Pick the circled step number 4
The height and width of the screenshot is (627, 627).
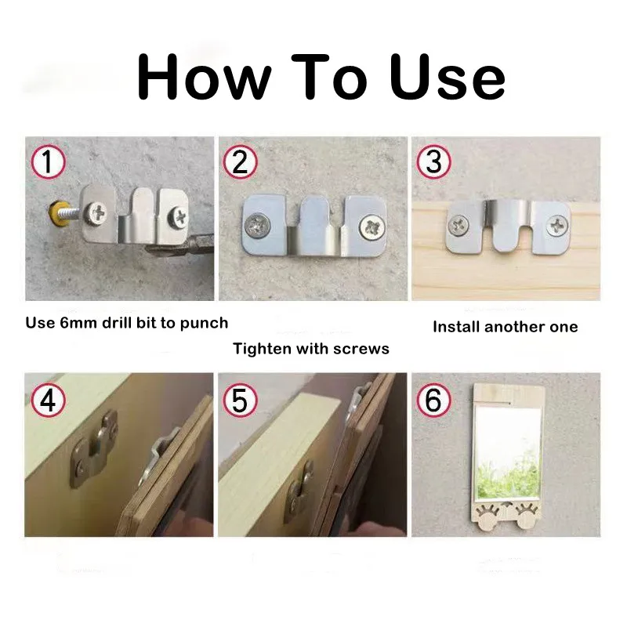tap(48, 400)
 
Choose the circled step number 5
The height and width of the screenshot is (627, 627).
tap(240, 400)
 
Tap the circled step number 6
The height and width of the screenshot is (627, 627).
tap(433, 400)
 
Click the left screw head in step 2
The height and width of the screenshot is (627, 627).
tap(258, 227)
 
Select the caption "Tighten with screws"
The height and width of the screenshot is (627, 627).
tap(311, 348)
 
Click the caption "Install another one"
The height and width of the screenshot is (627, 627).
tap(505, 327)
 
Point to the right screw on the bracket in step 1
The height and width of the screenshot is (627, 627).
tap(179, 212)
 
